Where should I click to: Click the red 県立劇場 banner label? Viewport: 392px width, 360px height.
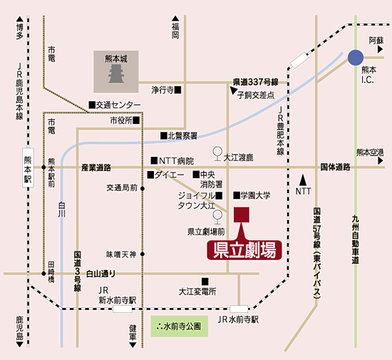[244, 250]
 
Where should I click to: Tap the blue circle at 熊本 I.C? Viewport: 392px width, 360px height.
[356, 58]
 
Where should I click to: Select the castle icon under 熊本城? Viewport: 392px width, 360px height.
[116, 73]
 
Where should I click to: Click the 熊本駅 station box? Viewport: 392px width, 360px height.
[28, 168]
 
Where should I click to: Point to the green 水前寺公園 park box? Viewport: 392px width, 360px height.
[180, 326]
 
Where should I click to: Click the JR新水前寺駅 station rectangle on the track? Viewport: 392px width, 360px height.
[123, 309]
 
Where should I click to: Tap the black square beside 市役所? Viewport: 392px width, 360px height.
[136, 120]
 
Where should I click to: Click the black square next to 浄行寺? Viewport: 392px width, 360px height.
[177, 90]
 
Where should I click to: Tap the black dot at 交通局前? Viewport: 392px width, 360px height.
[143, 188]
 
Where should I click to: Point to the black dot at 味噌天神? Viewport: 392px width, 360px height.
[143, 254]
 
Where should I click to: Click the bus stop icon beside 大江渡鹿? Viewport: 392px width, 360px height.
[217, 153]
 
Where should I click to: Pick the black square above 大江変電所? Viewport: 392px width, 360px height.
[205, 282]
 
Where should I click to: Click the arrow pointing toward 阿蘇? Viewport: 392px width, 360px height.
[381, 49]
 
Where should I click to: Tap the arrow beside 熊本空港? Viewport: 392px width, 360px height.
[381, 161]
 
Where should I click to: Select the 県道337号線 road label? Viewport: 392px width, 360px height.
[255, 82]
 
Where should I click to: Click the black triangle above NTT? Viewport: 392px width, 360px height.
[303, 180]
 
